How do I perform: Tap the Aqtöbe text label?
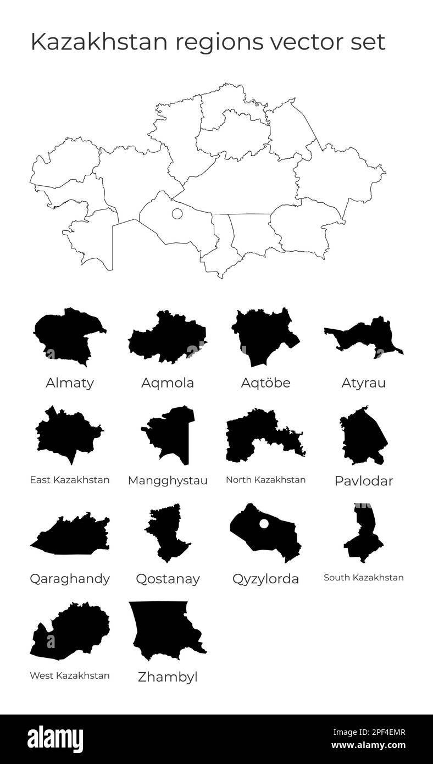pyautogui.click(x=265, y=383)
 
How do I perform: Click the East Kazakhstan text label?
pyautogui.click(x=69, y=480)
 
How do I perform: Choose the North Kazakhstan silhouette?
pyautogui.click(x=258, y=437)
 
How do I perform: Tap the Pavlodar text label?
pyautogui.click(x=364, y=481)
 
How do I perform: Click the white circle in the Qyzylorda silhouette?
pyautogui.click(x=264, y=524)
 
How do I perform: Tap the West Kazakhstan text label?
pyautogui.click(x=69, y=676)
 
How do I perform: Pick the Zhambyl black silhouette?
pyautogui.click(x=162, y=629)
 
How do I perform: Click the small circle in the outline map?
pyautogui.click(x=177, y=214)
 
